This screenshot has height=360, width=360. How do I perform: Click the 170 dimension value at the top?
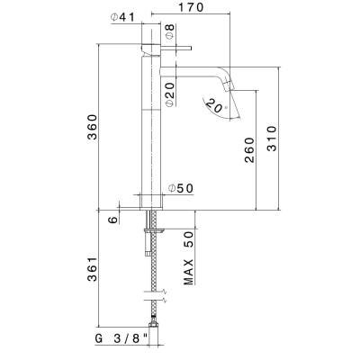tap(191, 7)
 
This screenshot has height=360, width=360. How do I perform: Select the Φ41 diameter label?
tap(122, 17)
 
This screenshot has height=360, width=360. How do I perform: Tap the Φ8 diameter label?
tap(170, 31)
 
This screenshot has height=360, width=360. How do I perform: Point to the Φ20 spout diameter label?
tap(170, 94)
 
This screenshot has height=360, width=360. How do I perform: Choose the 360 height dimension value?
tap(93, 127)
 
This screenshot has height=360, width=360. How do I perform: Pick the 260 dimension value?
tap(249, 150)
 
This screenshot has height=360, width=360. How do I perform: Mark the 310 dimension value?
tap(272, 139)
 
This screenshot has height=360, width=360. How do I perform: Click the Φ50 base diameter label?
tap(181, 188)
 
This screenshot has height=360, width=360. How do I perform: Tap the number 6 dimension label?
tap(113, 220)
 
